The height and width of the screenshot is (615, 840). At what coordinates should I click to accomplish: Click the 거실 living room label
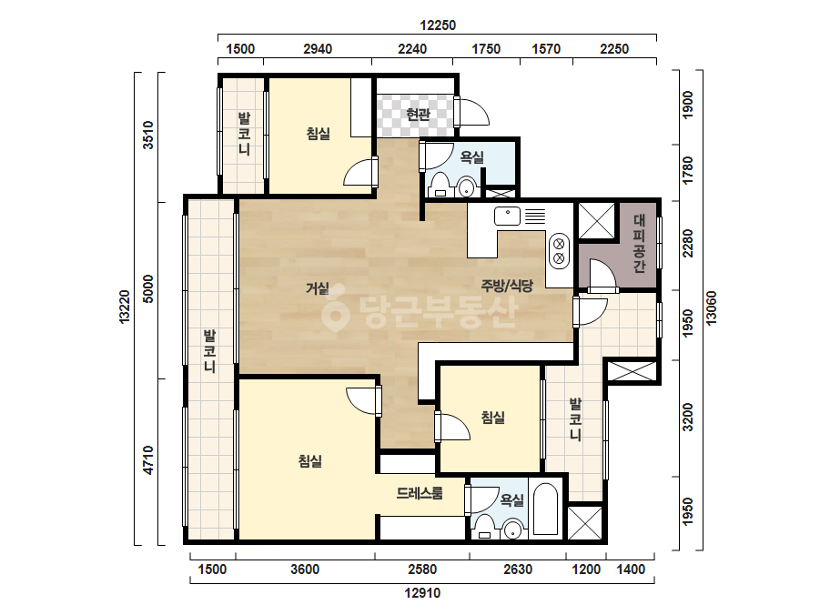[317, 288]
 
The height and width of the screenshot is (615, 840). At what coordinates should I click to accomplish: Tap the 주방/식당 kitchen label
[507, 285]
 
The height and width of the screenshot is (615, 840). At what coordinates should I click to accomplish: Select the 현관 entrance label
[418, 114]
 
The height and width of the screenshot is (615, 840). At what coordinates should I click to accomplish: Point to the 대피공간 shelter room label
[639, 243]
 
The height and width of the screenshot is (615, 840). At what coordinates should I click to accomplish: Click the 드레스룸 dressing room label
[420, 493]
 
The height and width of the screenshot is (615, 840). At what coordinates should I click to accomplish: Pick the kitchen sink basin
[507, 216]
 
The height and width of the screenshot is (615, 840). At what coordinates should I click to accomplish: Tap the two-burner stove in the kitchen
[559, 251]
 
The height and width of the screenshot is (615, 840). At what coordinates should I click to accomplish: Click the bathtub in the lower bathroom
[546, 509]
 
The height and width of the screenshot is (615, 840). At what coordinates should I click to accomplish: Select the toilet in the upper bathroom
[440, 185]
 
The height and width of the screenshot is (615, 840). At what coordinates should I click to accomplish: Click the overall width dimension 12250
[438, 25]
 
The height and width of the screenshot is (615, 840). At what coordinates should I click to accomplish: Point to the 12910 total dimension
[422, 592]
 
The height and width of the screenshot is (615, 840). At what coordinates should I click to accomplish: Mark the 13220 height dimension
[125, 307]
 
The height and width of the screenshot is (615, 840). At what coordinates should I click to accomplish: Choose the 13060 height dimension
[711, 308]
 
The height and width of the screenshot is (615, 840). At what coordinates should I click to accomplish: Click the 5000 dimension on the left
[148, 288]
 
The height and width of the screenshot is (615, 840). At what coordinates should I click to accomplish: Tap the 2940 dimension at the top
[318, 49]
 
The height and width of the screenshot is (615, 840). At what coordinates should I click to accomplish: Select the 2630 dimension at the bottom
[518, 569]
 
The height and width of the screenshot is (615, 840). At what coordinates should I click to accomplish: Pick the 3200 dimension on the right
[687, 418]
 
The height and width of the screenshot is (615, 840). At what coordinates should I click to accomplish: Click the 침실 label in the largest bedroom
[310, 460]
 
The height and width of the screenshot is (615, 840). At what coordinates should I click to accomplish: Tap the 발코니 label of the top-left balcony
[244, 134]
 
